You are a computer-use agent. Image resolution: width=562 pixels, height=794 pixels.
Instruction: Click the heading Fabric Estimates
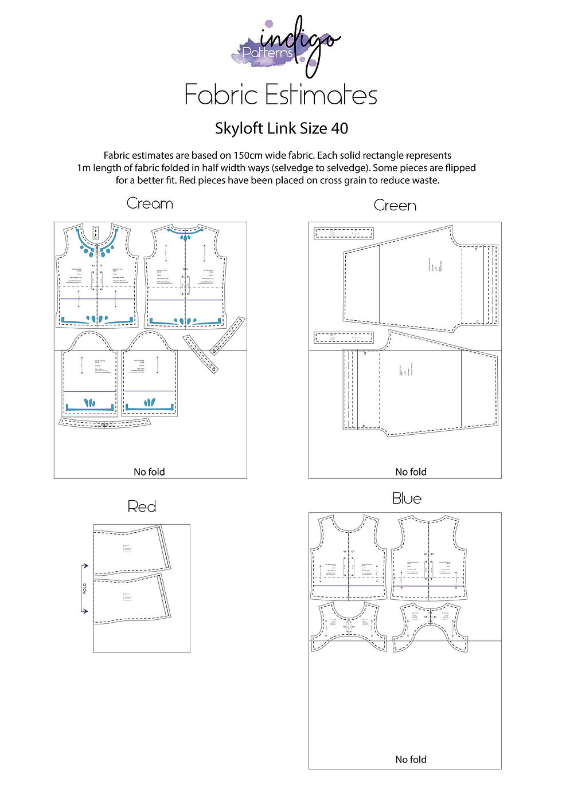(280, 95)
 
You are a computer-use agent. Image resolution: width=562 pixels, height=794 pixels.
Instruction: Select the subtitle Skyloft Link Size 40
(281, 128)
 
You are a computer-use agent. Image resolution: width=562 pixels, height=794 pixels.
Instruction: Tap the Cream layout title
(150, 204)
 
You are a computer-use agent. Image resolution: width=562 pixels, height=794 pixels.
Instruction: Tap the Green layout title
(395, 206)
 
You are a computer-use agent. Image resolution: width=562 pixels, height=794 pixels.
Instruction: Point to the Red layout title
(142, 507)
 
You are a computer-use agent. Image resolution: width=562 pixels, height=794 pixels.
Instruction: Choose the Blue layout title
(407, 499)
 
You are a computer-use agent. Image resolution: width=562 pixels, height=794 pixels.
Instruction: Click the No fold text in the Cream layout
(149, 472)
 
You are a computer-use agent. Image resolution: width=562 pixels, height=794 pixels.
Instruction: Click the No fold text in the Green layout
(411, 472)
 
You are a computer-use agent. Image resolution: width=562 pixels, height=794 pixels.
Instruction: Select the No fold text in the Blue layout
(411, 760)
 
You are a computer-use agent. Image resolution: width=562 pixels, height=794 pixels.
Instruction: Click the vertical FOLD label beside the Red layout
(85, 588)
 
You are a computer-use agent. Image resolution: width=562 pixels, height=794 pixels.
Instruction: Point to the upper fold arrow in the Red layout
(84, 566)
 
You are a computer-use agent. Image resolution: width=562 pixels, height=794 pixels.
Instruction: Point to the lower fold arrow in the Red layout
(84, 611)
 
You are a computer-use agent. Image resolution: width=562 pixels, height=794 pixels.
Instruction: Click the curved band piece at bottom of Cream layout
(104, 424)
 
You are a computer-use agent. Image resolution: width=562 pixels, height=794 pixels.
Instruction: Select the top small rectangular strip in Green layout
(344, 233)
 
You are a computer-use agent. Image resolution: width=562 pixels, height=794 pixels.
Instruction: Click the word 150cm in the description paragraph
(249, 156)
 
